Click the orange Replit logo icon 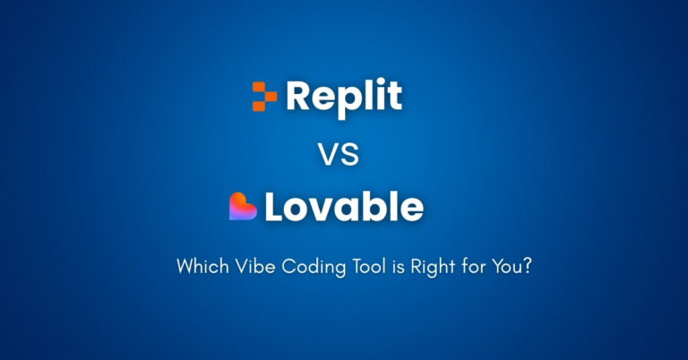pos(264,96)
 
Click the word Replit pos(344,96)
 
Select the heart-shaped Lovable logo pos(243,207)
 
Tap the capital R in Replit pos(297,96)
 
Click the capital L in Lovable pos(272,207)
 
